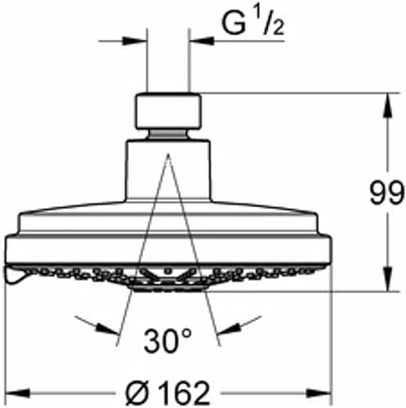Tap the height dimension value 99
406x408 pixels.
(x=385, y=193)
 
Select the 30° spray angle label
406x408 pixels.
(x=169, y=339)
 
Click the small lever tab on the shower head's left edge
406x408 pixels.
(x=15, y=278)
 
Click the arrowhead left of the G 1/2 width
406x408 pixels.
(x=140, y=38)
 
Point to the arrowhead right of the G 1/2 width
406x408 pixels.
(x=196, y=38)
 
